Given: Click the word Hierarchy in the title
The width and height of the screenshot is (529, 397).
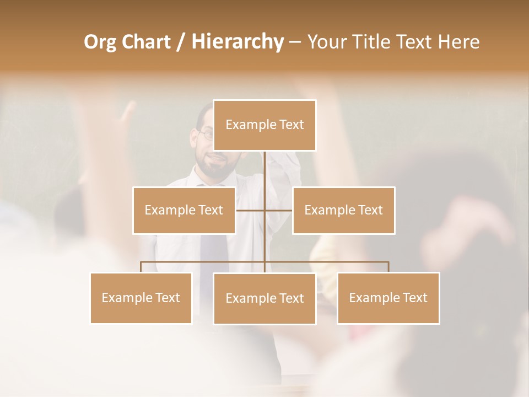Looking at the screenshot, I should tap(237, 42).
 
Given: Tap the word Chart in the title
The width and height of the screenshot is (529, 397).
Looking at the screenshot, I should tap(146, 42).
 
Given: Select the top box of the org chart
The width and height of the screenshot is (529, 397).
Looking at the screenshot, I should tap(264, 125).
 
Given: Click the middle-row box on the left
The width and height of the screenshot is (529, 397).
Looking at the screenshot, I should tap(183, 210).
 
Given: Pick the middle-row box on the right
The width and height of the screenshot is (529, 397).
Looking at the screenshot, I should tap(343, 210).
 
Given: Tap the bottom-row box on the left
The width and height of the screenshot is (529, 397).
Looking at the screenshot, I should tap(141, 298).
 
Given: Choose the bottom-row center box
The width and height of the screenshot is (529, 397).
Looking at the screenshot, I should tap(264, 298).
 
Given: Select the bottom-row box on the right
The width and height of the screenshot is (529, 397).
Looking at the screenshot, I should tap(388, 298).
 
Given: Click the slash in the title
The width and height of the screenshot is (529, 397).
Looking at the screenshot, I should tap(181, 42).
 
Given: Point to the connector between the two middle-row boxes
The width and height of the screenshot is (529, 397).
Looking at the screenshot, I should tap(264, 210).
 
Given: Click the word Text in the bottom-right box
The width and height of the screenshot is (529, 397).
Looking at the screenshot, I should tap(414, 298).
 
